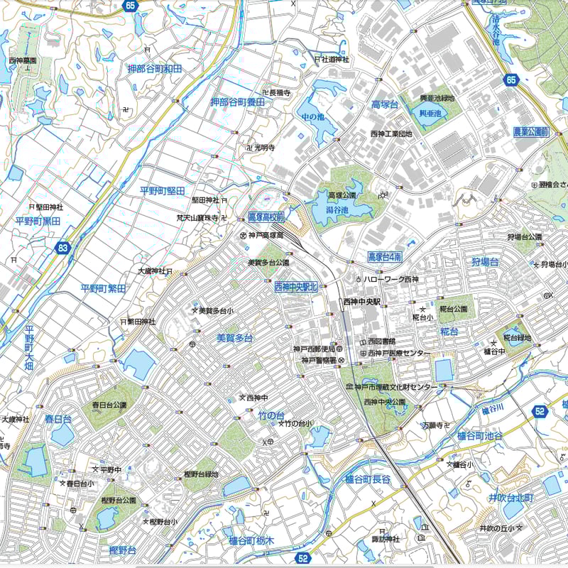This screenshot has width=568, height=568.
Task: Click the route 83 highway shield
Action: point(63,248)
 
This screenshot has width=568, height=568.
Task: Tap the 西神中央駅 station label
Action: point(362,302)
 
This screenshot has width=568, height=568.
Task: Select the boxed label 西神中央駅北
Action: point(295,287)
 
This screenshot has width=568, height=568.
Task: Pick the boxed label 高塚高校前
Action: point(266,217)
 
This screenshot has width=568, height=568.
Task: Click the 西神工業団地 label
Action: point(391,133)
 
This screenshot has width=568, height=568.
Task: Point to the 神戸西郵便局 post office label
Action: point(313,349)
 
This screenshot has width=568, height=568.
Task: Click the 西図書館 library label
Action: point(381,342)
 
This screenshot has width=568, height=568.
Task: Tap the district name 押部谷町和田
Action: point(155,69)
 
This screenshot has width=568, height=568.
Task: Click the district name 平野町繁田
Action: point(103,288)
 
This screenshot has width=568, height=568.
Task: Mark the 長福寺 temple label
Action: point(280,92)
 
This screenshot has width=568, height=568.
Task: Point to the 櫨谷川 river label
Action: point(492,410)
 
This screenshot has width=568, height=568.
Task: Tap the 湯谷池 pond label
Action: point(337,210)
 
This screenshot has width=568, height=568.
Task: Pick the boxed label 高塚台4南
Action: point(385,256)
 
